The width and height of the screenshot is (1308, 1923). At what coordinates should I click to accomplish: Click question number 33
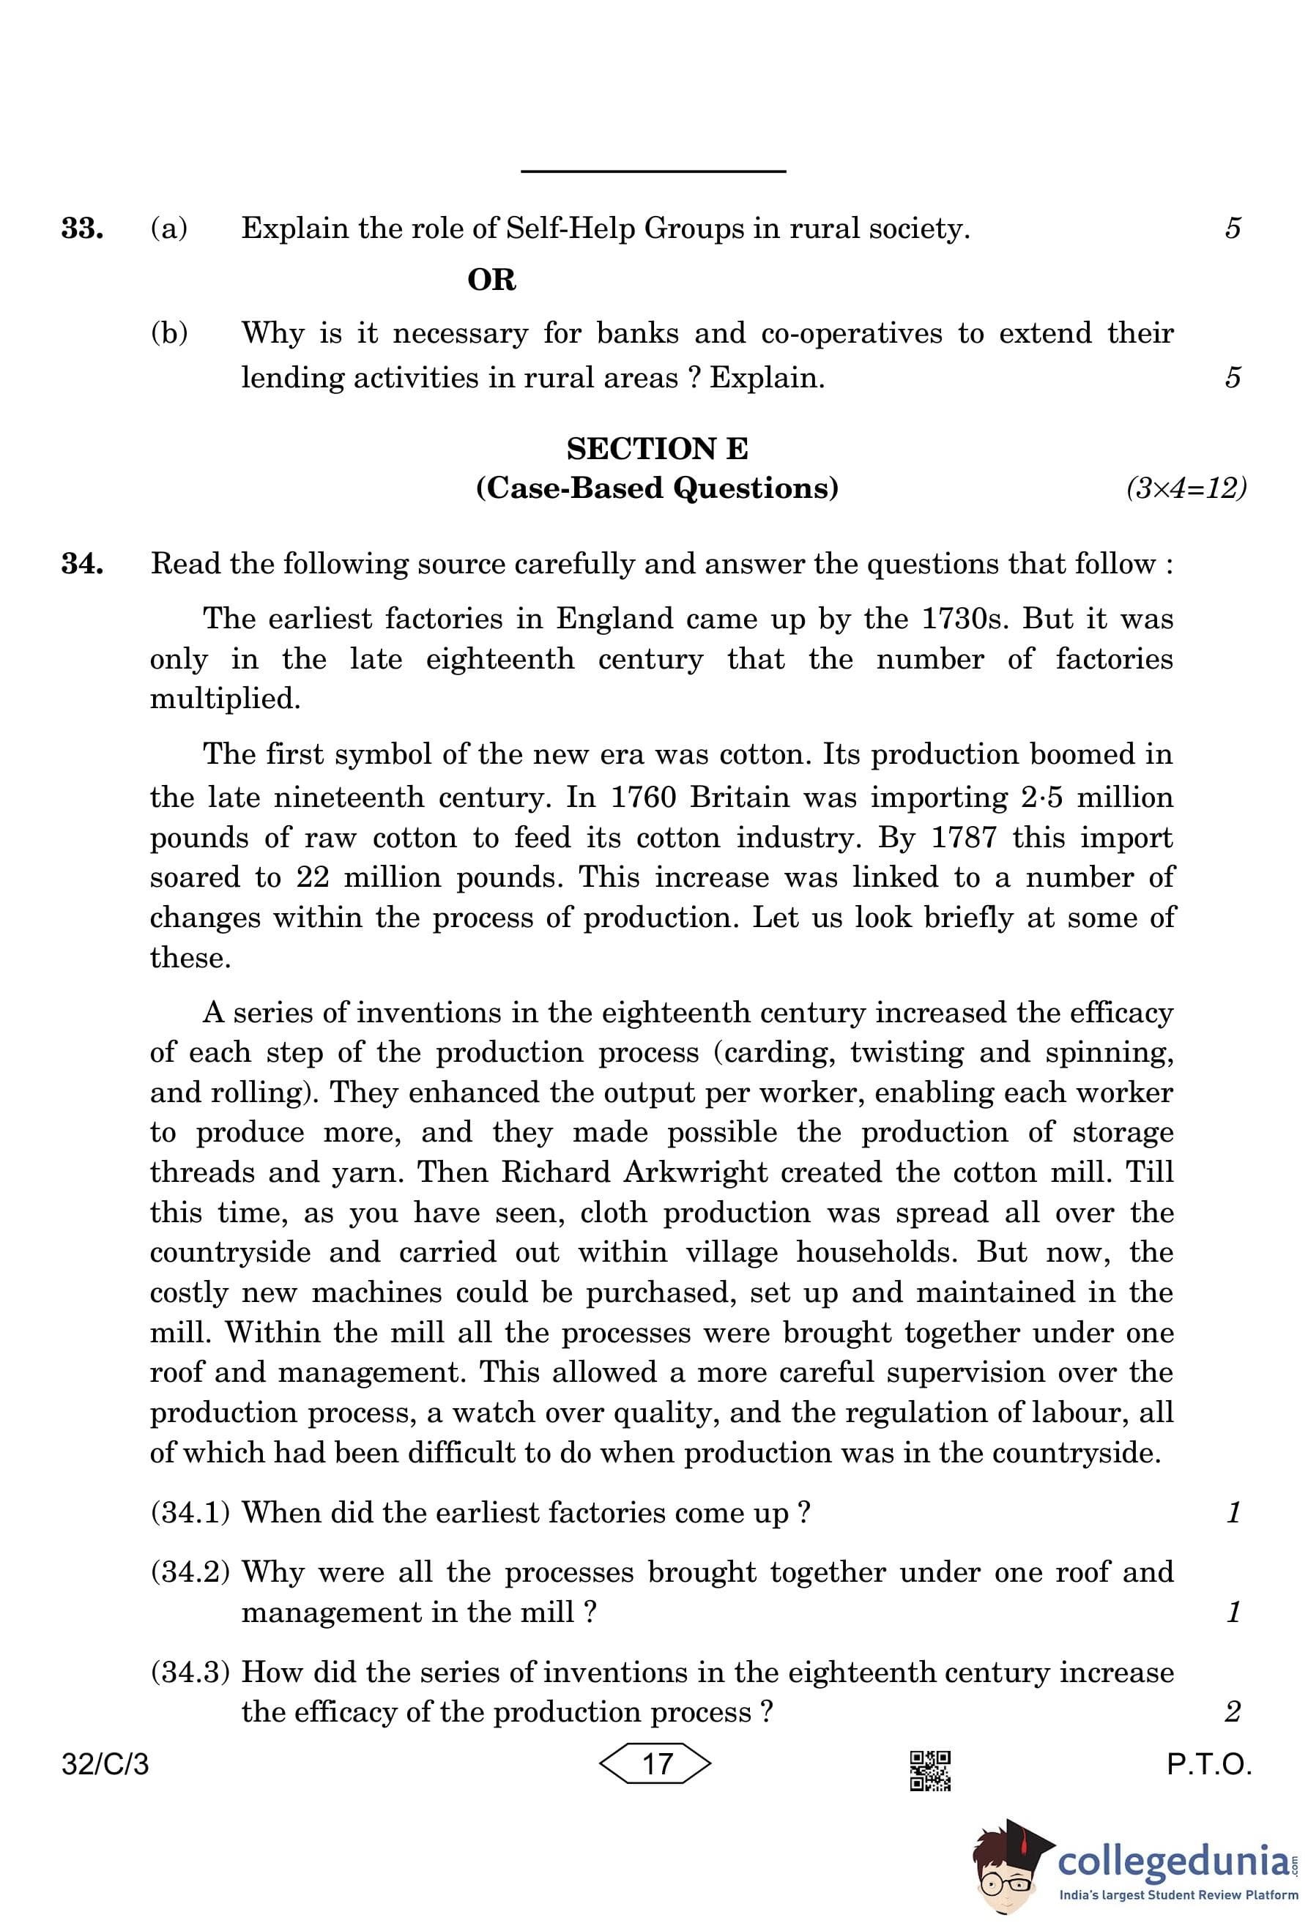pos(82,229)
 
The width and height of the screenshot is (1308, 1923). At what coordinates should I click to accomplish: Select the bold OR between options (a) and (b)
pos(491,280)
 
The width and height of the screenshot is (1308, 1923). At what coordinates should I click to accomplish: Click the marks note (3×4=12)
pos(1186,488)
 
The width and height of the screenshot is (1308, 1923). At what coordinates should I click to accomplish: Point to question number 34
pos(82,565)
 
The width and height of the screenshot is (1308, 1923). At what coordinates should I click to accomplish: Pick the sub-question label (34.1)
pos(190,1513)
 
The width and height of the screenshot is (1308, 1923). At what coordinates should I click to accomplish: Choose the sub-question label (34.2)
pos(190,1572)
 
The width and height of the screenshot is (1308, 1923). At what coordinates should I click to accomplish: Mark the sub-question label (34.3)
pos(190,1673)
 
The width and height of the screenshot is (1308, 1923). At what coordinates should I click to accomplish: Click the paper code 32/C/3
pos(105,1764)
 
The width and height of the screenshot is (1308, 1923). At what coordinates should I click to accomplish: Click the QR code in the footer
pos(930,1771)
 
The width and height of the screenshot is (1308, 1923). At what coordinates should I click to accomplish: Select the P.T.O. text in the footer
pos(1208,1764)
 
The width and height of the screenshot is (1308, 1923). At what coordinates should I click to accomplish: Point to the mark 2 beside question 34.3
pos(1233,1711)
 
